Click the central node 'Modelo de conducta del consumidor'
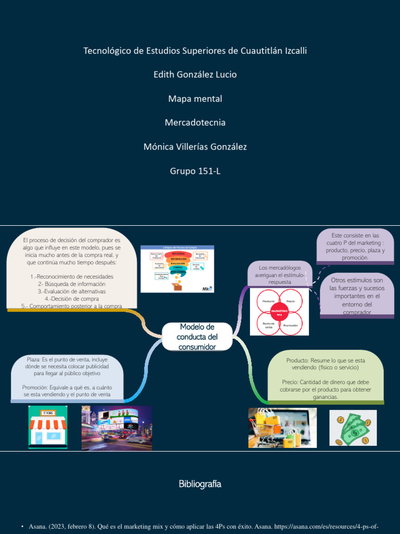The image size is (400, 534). click(197, 337)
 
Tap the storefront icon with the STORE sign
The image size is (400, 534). click(47, 427)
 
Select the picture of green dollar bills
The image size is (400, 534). click(353, 428)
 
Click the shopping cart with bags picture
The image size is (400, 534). click(282, 428)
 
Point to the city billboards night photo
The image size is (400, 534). click(117, 428)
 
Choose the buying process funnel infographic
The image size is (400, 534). click(177, 269)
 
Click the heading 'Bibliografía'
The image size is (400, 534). click(200, 484)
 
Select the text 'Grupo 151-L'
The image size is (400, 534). click(195, 171)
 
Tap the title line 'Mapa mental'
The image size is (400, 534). click(195, 99)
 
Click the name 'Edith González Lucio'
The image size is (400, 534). click(195, 75)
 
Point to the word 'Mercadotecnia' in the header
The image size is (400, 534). click(195, 123)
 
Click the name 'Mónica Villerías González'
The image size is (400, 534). click(195, 147)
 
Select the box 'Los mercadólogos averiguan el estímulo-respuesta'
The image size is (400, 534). click(280, 274)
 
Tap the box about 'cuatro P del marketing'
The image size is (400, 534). click(355, 246)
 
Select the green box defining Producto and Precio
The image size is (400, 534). click(326, 379)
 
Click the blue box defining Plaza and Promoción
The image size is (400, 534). click(67, 377)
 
